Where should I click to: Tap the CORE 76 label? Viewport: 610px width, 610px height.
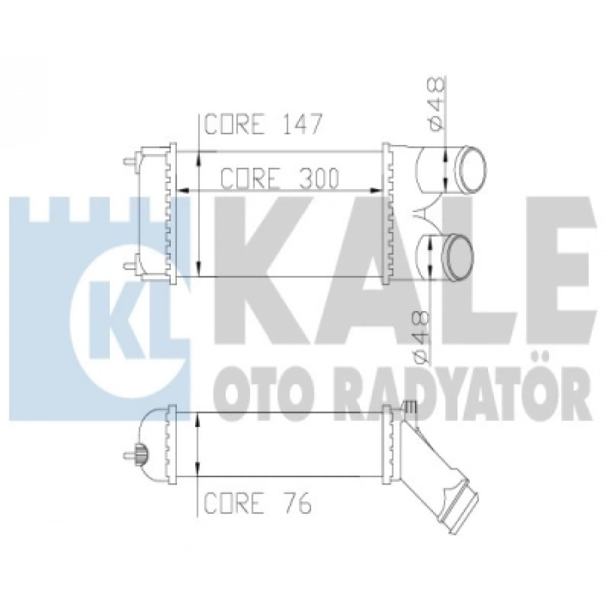point(258,503)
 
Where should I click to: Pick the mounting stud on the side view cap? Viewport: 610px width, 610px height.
point(130,455)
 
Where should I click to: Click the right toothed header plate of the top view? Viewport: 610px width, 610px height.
point(388,213)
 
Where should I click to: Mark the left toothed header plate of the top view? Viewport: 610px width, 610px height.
point(169,213)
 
